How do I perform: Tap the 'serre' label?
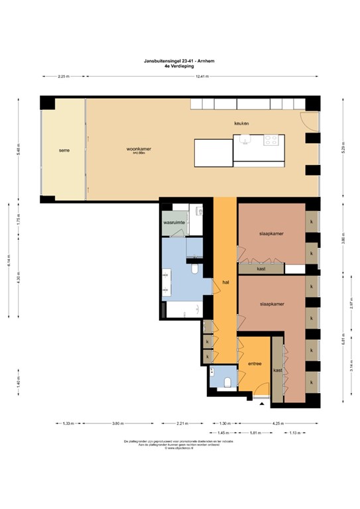pos(64,150)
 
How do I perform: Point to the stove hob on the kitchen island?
pos(272,140)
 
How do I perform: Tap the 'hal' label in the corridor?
pos(225,282)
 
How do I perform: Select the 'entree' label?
pos(255,363)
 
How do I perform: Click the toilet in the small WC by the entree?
pos(227,381)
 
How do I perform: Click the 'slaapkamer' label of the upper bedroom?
pos(272,234)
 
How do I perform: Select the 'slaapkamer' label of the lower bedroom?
pos(272,304)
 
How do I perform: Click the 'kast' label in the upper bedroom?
pos(261,269)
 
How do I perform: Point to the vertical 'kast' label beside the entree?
pos(277,371)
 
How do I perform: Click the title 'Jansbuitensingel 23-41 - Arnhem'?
pos(179,60)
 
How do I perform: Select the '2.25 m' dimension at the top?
pos(62,76)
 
